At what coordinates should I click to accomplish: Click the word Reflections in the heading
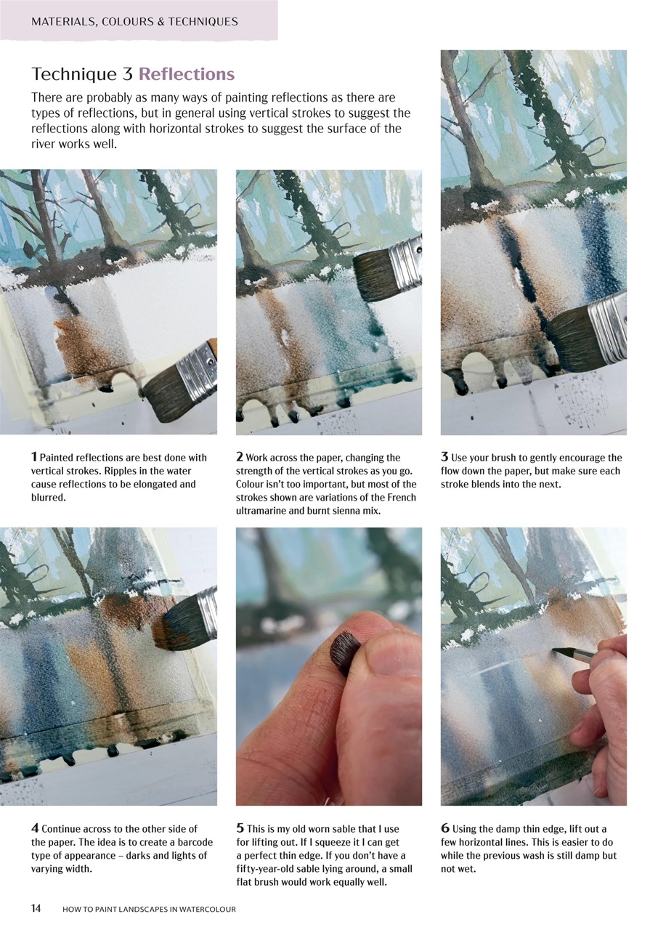tap(187, 74)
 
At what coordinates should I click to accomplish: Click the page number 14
tap(36, 908)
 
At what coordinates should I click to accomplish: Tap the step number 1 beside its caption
tap(34, 457)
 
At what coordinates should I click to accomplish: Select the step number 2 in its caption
tap(240, 457)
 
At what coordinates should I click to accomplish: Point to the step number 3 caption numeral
tap(444, 457)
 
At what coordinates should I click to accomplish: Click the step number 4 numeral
tap(35, 828)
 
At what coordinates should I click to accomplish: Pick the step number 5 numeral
tap(240, 828)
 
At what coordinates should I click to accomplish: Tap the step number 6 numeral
tap(444, 828)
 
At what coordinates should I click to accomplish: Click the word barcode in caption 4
tap(179, 842)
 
